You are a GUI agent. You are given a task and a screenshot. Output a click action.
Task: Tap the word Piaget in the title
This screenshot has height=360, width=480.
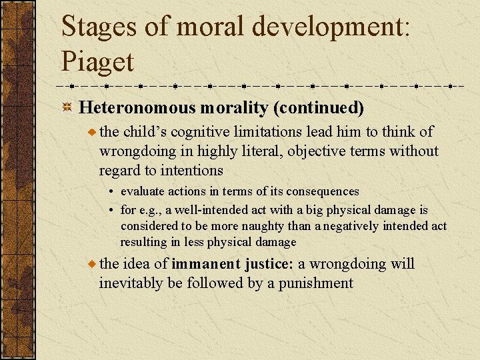coord(97,61)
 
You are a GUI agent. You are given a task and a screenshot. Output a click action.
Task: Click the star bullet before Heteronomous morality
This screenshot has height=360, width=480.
coord(67,108)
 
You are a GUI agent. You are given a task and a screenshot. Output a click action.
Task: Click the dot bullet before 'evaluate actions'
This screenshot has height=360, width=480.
coord(112,192)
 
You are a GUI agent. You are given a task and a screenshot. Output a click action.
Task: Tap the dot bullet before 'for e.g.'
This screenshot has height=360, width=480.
coord(112,211)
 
